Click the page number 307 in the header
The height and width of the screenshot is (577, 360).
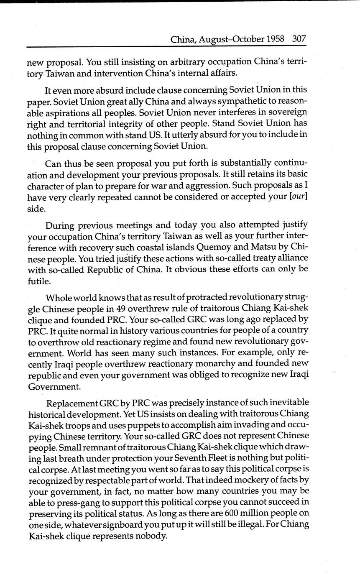[x=299, y=39]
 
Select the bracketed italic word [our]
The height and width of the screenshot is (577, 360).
[x=300, y=197]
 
